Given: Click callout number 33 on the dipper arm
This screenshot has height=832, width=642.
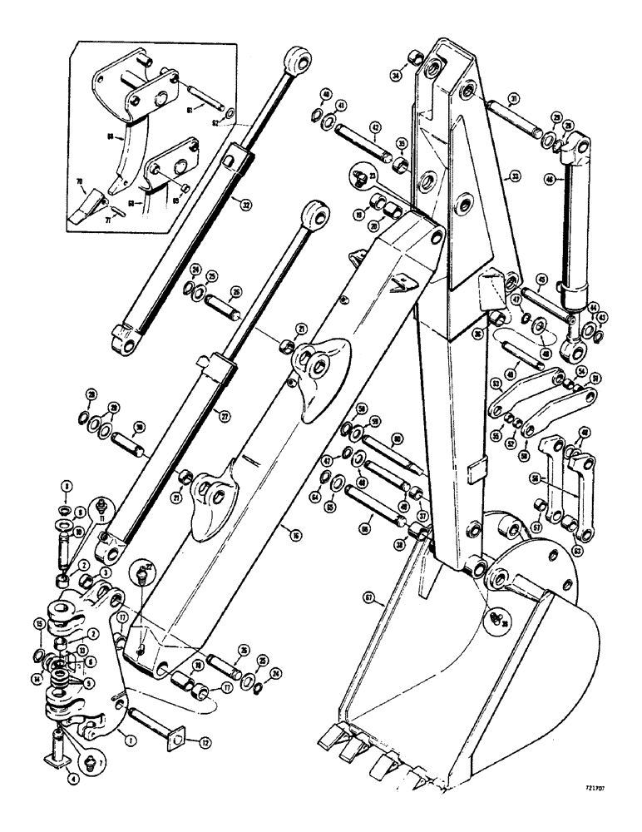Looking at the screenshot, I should (515, 176).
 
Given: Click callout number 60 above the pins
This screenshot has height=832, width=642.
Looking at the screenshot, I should (398, 438).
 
